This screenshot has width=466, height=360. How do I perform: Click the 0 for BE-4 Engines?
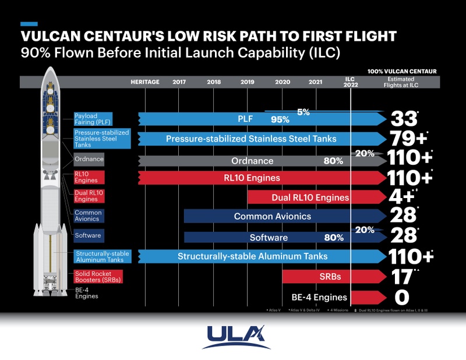[402, 298]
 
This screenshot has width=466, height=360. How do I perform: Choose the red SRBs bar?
[326, 276]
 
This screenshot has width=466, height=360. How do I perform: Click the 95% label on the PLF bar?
[280, 120]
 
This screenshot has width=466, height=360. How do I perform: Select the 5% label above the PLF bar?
[303, 111]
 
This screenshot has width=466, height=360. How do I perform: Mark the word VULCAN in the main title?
[52, 37]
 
